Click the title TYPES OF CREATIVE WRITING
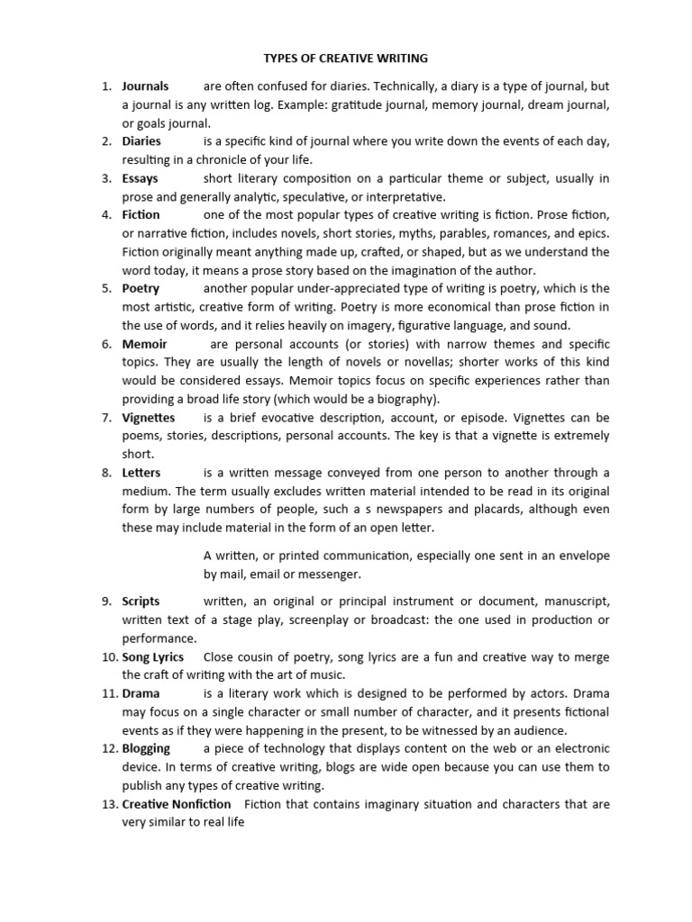345,59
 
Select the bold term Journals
145,86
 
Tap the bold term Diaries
141,141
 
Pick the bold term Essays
140,178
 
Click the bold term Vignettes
149,418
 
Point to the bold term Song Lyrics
152,656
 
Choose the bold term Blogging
146,748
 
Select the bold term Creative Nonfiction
176,803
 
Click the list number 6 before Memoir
105,344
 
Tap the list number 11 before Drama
108,693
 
